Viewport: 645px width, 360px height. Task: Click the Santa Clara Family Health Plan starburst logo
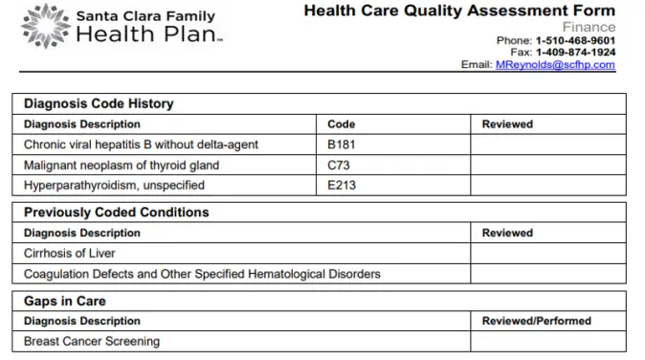coord(43,26)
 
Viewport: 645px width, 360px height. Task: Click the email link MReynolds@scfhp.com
coord(554,65)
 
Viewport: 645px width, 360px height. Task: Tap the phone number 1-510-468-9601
coord(574,40)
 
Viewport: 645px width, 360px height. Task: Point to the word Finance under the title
coord(589,28)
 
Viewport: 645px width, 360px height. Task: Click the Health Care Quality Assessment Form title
coord(459,11)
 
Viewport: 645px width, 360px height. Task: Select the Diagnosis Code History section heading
coord(98,103)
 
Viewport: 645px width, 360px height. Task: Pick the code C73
coord(337,165)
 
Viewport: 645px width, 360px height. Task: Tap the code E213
coord(342,185)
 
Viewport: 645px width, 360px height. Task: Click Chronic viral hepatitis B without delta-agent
coord(141,145)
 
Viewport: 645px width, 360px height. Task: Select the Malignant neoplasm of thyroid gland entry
coord(122,165)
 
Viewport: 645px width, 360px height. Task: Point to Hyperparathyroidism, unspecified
coord(112,185)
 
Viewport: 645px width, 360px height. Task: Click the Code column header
coord(341,124)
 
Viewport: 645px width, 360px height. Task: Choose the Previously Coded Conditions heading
coord(116,212)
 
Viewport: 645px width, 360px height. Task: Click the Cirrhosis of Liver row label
coord(70,254)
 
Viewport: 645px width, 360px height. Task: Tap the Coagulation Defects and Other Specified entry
coord(201,274)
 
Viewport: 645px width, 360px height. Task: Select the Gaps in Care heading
coord(64,301)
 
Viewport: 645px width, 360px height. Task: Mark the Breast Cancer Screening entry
coord(92,341)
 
